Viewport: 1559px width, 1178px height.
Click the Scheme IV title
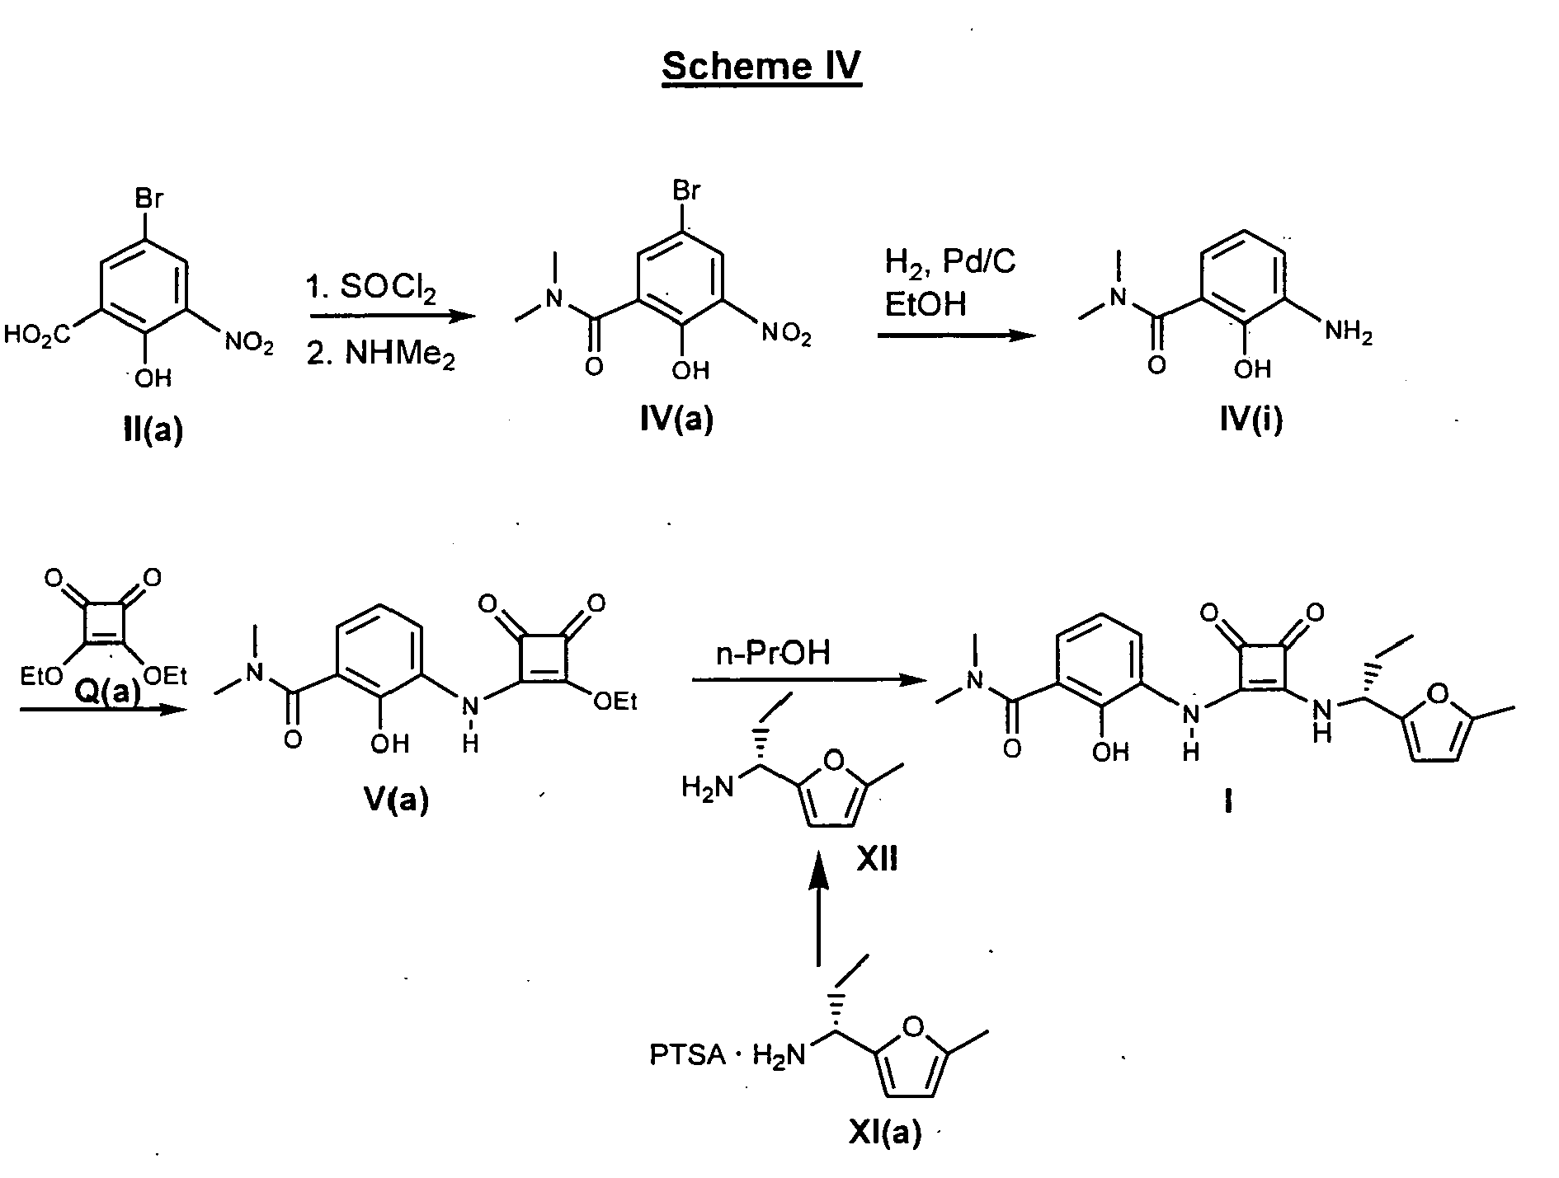(x=761, y=66)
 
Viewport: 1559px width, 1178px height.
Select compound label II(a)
(x=152, y=429)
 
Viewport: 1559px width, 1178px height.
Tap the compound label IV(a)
(x=676, y=420)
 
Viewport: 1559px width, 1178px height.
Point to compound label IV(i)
(x=1251, y=420)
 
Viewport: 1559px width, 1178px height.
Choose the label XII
(x=877, y=861)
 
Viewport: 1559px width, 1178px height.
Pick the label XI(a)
(x=885, y=1133)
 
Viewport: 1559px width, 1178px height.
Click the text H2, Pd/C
(x=951, y=263)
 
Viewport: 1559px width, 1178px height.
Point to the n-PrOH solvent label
(x=773, y=654)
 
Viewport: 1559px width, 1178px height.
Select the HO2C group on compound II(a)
(x=38, y=336)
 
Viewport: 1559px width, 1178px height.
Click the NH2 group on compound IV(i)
(x=1348, y=333)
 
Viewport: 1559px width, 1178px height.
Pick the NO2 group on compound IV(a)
(x=786, y=335)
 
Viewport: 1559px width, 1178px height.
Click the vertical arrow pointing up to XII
(x=818, y=920)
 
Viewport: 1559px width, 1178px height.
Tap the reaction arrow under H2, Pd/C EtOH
(x=956, y=336)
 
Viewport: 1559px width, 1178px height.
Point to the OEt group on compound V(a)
(x=616, y=702)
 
